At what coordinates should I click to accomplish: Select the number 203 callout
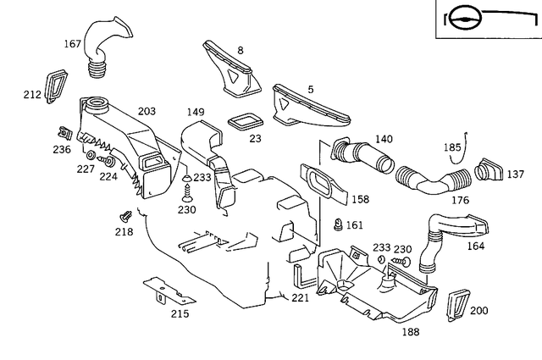click(147, 111)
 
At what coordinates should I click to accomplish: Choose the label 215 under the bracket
click(180, 313)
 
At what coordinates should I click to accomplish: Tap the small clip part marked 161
click(339, 225)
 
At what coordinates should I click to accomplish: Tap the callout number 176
click(436, 201)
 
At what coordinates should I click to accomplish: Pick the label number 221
click(301, 298)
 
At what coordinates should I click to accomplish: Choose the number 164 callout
click(476, 247)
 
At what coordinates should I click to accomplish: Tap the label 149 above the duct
click(196, 111)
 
